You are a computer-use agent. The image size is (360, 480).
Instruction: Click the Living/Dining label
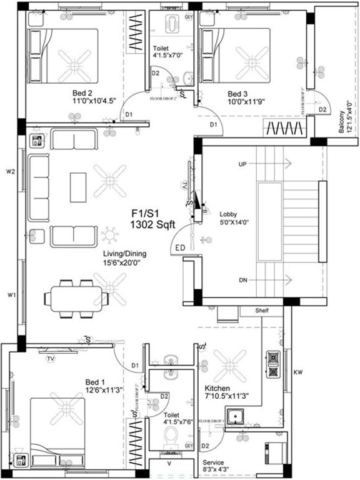click(x=124, y=254)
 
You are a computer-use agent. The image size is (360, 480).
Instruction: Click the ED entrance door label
click(x=181, y=248)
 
